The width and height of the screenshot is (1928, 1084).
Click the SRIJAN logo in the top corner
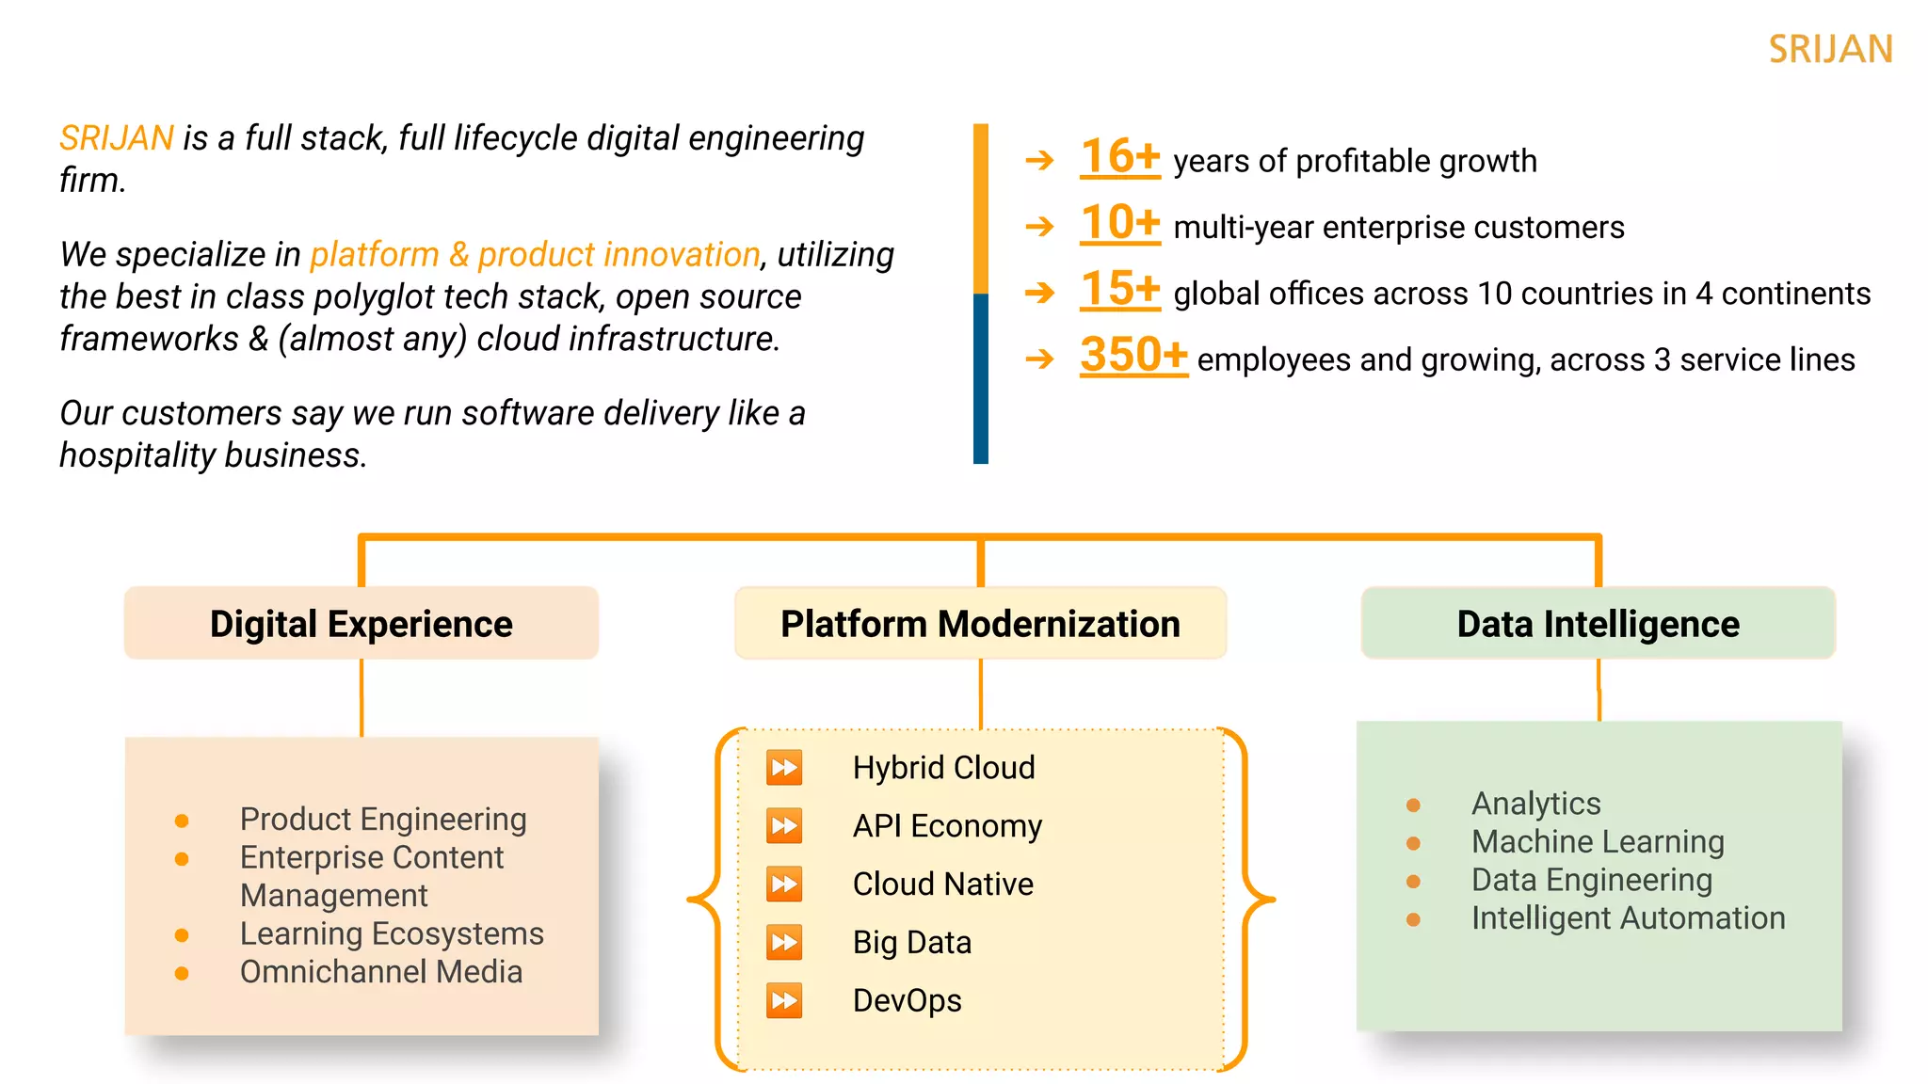1830,49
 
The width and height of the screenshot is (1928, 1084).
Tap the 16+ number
1119,156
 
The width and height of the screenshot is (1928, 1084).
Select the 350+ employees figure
1133,356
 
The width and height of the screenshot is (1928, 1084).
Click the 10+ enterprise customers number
1119,223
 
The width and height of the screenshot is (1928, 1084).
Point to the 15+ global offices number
1119,289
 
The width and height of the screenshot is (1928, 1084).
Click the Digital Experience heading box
361,624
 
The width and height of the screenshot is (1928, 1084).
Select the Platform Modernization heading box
980,624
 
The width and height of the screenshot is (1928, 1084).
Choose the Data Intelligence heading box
1598,624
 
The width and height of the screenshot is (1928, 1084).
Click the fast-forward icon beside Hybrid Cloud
784,768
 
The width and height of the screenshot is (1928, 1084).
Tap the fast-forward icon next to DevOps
784,1000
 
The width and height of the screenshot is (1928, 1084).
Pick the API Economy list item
947,826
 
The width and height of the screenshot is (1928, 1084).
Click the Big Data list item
911,942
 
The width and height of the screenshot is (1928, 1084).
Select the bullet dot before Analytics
1413,805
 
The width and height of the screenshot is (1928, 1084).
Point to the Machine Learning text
1598,841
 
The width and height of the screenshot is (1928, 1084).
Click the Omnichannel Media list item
380,972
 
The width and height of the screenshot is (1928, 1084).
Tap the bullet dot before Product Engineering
182,821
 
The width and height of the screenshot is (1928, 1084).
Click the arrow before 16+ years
1039,161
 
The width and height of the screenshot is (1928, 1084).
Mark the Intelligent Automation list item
1628,917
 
